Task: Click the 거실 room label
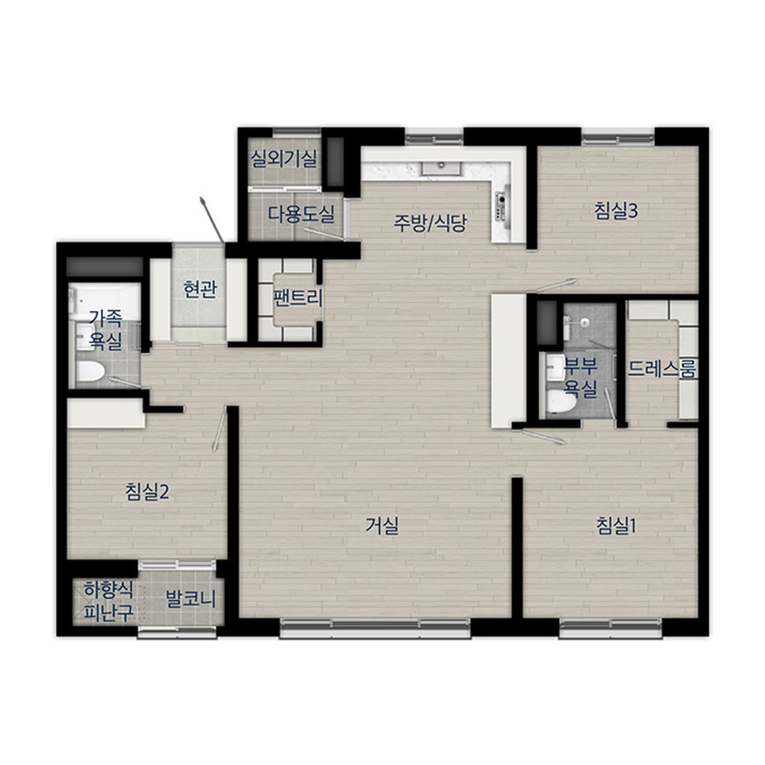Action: [x=382, y=525]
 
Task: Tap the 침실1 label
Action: [x=615, y=525]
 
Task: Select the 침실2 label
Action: [x=147, y=491]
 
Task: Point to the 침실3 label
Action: [x=616, y=211]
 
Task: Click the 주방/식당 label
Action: [x=430, y=223]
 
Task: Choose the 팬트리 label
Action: [x=297, y=297]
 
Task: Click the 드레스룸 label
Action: [x=661, y=369]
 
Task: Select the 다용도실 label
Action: [x=301, y=213]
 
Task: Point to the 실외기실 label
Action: [x=284, y=158]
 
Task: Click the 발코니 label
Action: [x=190, y=598]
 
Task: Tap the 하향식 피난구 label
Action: [x=108, y=602]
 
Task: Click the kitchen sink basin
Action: [x=441, y=167]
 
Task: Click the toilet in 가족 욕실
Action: [x=90, y=371]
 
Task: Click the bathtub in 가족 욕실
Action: [x=105, y=303]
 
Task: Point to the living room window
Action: [x=375, y=627]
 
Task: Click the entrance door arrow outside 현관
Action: [x=212, y=219]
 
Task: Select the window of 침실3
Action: [x=618, y=137]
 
